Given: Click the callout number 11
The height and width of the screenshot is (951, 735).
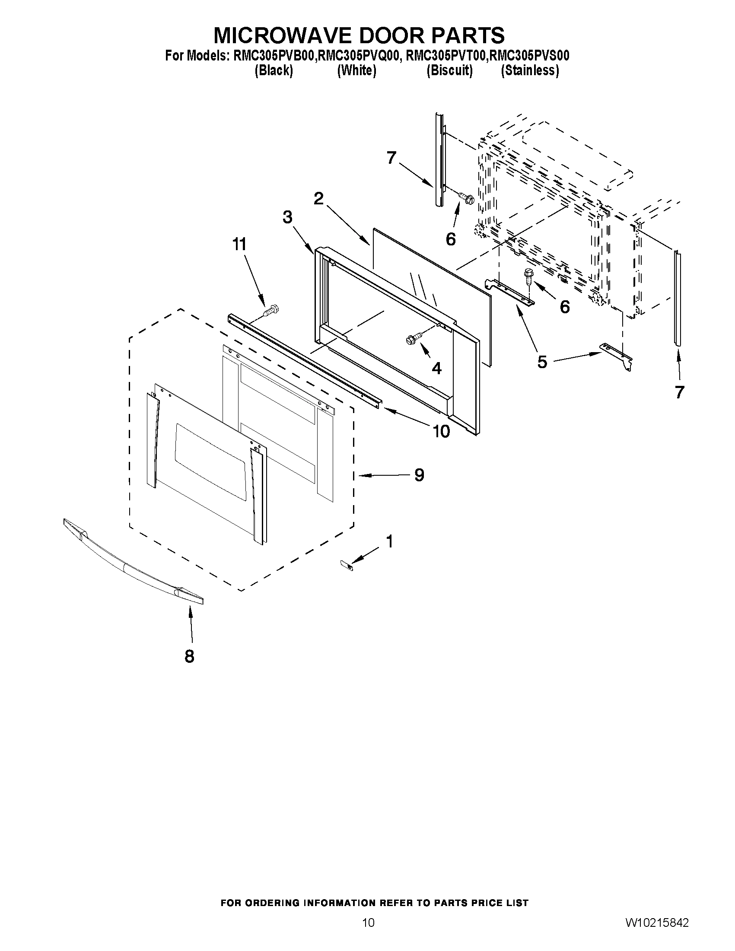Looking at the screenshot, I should pyautogui.click(x=239, y=245).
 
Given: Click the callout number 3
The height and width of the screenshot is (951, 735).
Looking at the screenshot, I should pyautogui.click(x=287, y=217).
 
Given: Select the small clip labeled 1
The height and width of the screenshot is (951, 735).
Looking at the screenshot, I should pyautogui.click(x=347, y=564).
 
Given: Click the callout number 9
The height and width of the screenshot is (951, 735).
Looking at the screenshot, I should pyautogui.click(x=419, y=475).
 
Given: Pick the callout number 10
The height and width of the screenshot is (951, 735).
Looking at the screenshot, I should pyautogui.click(x=441, y=431).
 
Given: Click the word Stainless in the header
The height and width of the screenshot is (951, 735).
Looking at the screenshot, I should pyautogui.click(x=529, y=70).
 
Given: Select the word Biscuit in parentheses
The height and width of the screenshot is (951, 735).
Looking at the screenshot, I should pyautogui.click(x=449, y=70).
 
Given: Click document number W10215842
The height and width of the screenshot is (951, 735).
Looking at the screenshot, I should pyautogui.click(x=657, y=935).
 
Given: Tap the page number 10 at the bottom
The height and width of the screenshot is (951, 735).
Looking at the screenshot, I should pyautogui.click(x=368, y=935).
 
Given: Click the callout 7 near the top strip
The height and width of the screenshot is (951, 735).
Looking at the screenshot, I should pyautogui.click(x=391, y=158).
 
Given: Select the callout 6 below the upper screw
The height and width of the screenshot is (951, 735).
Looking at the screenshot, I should pyautogui.click(x=451, y=239).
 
